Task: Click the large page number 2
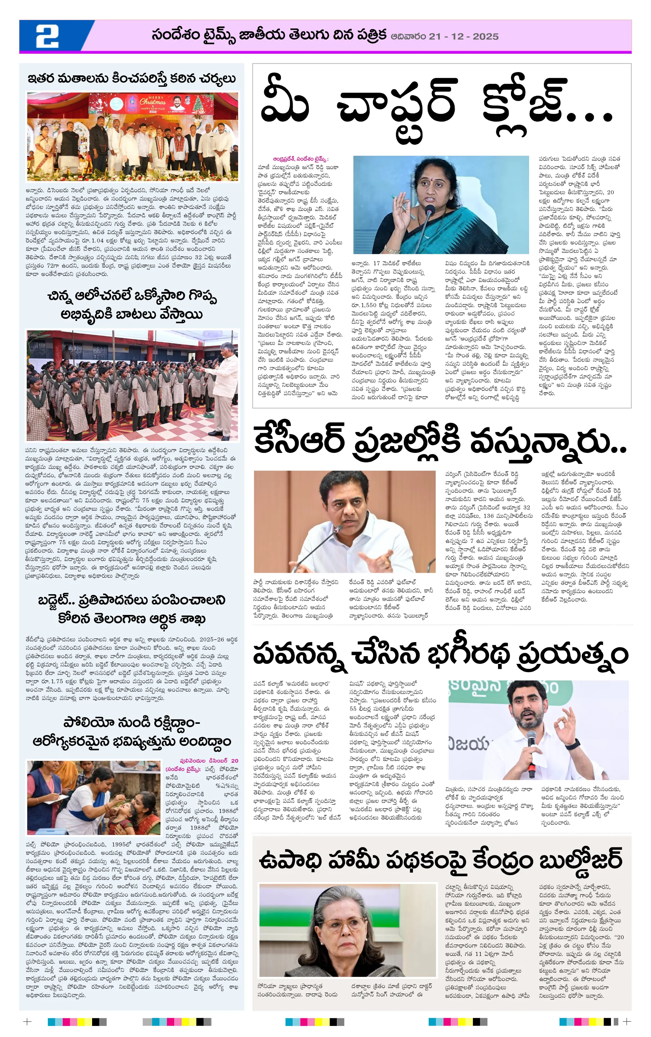coord(47,36)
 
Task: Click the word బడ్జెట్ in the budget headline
coord(64,600)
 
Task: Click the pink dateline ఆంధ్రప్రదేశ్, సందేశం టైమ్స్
coord(300,159)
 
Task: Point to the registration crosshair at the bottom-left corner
coord(27,1022)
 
